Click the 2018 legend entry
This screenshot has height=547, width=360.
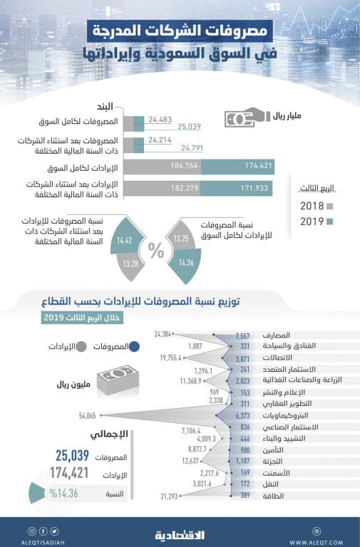point(312,207)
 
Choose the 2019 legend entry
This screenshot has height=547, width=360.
point(312,222)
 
